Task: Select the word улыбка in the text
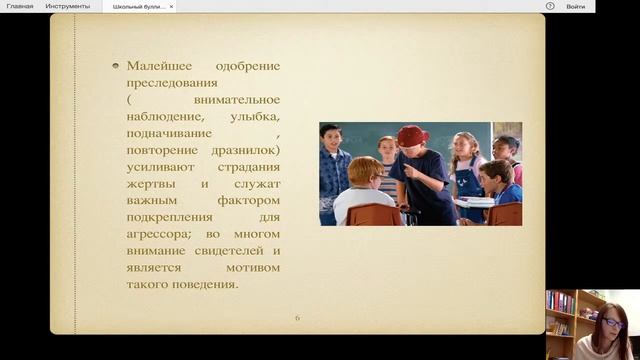coord(249,117)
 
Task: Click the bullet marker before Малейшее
coord(116,66)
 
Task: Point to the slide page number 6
coord(297,318)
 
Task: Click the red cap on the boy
coord(412,134)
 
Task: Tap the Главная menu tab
coord(20,6)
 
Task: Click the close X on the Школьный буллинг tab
coord(171,6)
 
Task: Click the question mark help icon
coord(550,6)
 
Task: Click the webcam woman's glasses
coord(613,324)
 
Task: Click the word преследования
coord(168,83)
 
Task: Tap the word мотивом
coord(255,267)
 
